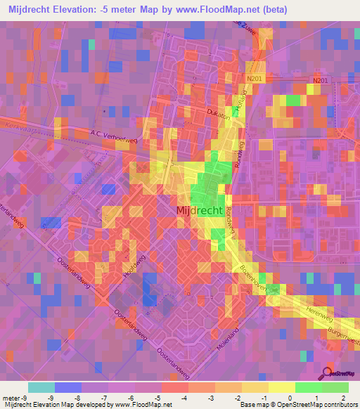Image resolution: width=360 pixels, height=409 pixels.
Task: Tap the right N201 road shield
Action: click(x=321, y=82)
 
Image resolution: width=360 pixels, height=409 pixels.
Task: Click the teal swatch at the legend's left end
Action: click(x=41, y=387)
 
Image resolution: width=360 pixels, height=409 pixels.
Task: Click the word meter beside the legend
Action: click(x=11, y=398)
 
